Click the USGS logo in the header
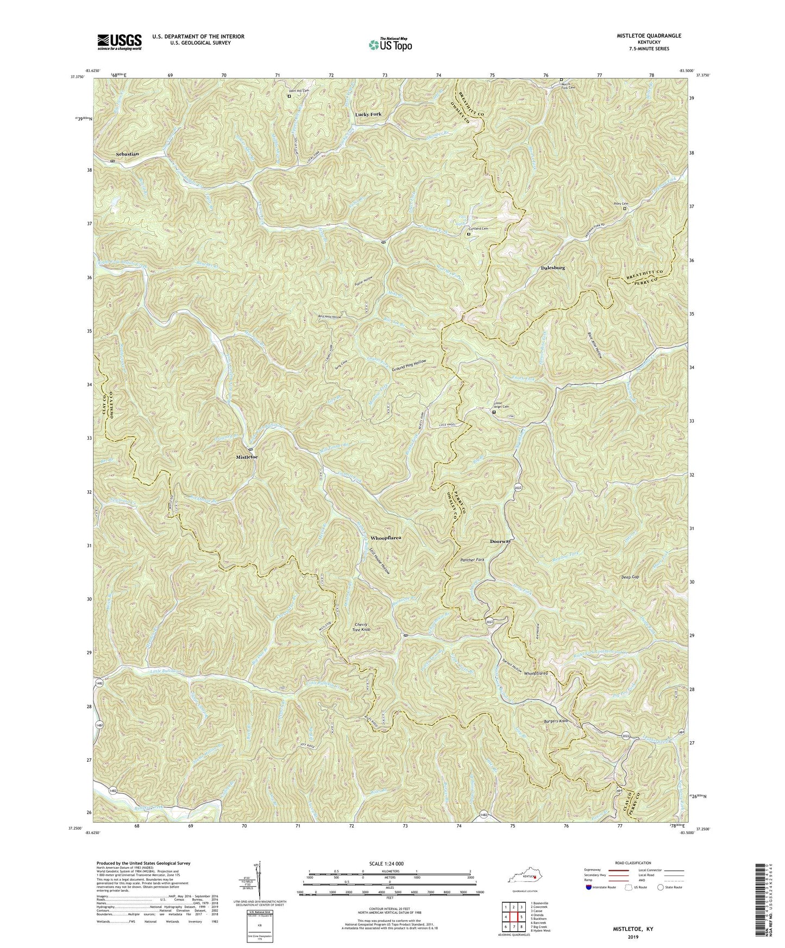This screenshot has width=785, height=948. pyautogui.click(x=120, y=41)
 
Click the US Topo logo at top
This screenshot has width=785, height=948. pyautogui.click(x=390, y=45)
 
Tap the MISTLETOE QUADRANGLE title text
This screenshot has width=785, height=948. pyautogui.click(x=640, y=35)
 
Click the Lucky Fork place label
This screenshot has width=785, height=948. pyautogui.click(x=368, y=114)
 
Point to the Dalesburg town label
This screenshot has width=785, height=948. pyautogui.click(x=553, y=268)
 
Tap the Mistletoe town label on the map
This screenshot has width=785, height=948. pyautogui.click(x=247, y=457)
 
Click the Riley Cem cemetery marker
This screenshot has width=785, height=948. pyautogui.click(x=625, y=208)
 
